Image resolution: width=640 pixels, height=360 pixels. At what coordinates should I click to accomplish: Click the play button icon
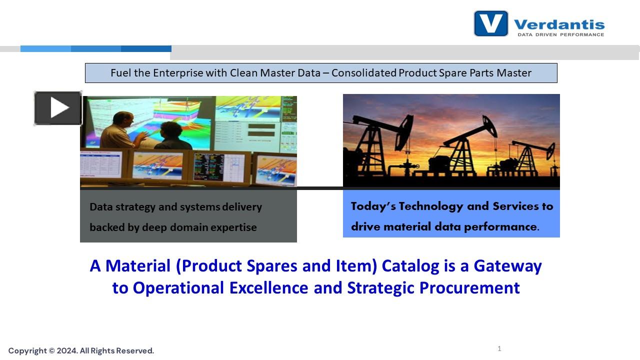coord(58,108)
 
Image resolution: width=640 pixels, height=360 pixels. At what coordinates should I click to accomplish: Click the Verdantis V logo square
coord(491,23)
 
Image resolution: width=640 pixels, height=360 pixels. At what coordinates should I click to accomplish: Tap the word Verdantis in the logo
coord(559,24)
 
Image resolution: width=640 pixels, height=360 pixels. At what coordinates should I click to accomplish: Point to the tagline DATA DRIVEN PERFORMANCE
coord(560,35)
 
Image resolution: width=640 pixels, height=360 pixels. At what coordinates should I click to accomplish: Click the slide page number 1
coord(499,348)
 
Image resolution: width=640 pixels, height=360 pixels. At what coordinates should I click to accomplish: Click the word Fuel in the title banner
coord(121,73)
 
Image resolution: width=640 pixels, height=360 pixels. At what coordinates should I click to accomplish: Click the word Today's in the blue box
coord(372,206)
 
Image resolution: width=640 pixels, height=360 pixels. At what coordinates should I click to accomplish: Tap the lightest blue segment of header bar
coord(45,49)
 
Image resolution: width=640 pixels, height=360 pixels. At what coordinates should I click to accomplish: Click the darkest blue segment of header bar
coord(146,49)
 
